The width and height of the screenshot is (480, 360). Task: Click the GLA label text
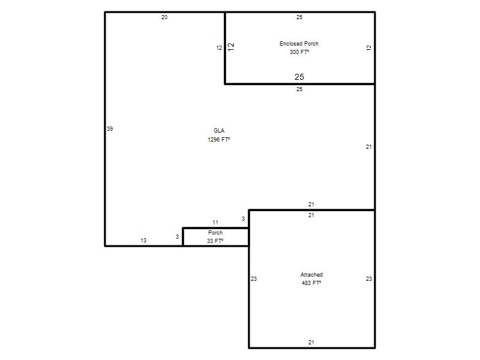[x=219, y=131]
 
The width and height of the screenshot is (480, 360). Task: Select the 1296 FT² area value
[x=218, y=140]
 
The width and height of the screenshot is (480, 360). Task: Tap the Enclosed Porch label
[x=299, y=44]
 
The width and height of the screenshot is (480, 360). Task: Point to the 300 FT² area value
[x=299, y=52]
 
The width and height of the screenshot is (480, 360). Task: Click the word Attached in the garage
[x=311, y=275]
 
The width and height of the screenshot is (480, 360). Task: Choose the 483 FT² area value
[x=311, y=283]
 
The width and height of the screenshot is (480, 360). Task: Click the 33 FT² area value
[x=215, y=241]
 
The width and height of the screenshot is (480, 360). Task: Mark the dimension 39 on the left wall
[x=110, y=129]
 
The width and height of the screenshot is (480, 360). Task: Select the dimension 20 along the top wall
[x=164, y=17]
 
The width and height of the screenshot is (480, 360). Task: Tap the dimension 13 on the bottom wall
[x=143, y=241]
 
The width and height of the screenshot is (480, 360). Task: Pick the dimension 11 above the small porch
[x=215, y=223]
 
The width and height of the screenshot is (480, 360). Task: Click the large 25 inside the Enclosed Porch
[x=299, y=77]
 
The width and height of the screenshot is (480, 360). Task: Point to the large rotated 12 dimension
[x=231, y=47]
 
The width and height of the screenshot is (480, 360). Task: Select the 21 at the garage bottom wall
[x=311, y=343]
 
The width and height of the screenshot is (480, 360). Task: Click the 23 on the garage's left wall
[x=254, y=279]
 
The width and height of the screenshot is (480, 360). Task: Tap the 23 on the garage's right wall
[x=369, y=279]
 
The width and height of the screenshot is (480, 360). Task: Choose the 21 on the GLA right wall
[x=369, y=147]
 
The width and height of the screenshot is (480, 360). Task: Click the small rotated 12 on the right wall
[x=369, y=48]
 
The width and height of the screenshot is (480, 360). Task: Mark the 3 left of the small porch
[x=177, y=237]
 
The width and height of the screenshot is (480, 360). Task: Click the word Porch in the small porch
[x=215, y=233]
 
